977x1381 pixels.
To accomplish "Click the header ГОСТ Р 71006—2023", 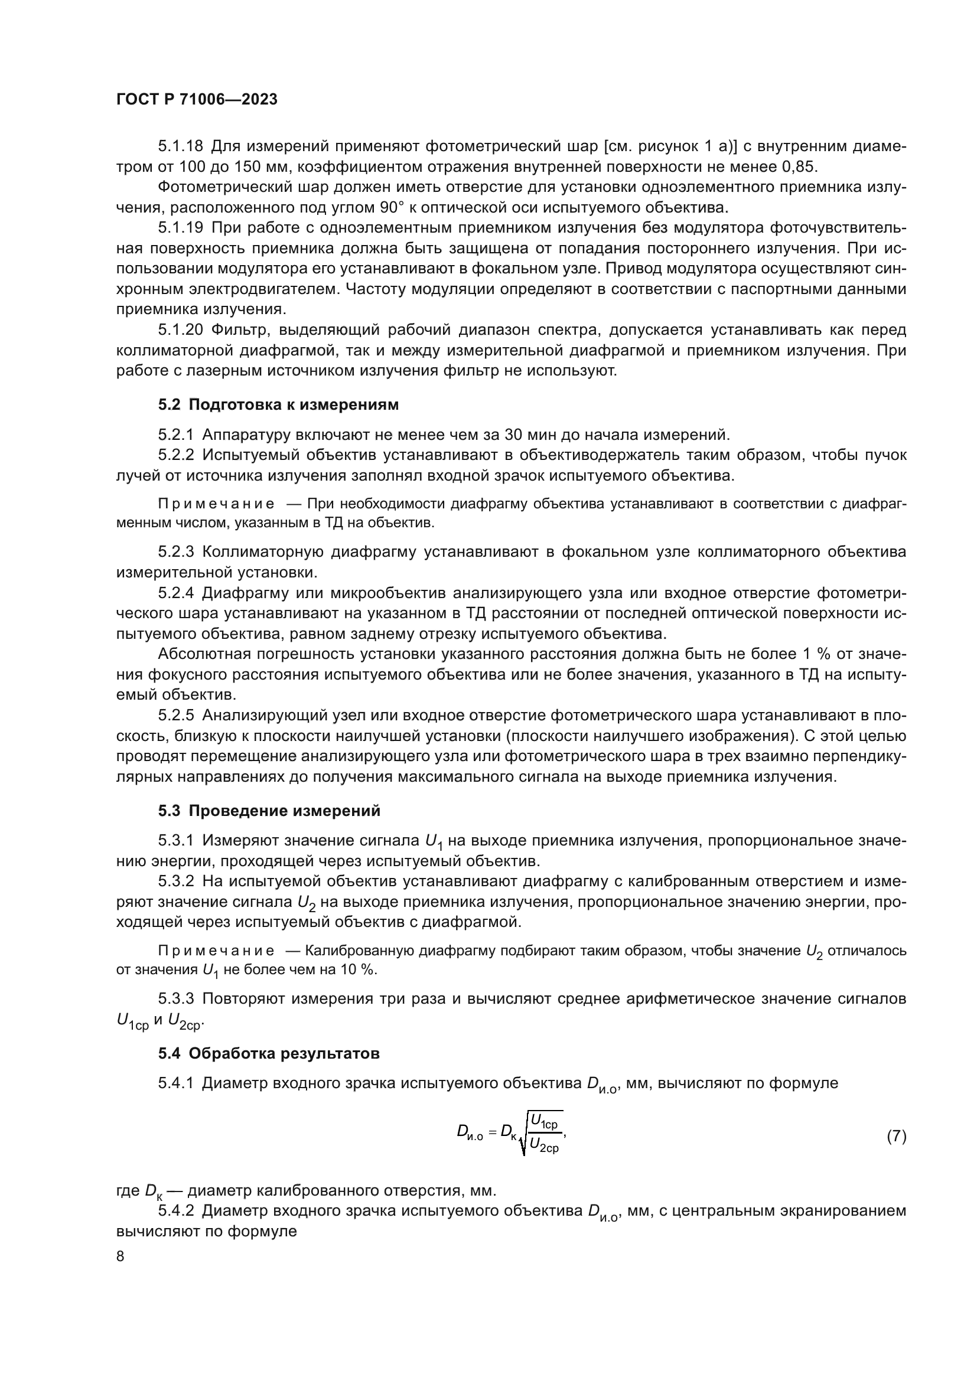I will [197, 100].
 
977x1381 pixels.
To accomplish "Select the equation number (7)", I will [897, 1136].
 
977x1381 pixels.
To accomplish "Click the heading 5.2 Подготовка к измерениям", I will [278, 405].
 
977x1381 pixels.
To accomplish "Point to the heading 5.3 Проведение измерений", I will [269, 811].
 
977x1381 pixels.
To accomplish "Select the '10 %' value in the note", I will [356, 969].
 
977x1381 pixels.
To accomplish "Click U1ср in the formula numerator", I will [545, 1123].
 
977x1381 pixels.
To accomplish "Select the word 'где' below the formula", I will [128, 1190].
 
